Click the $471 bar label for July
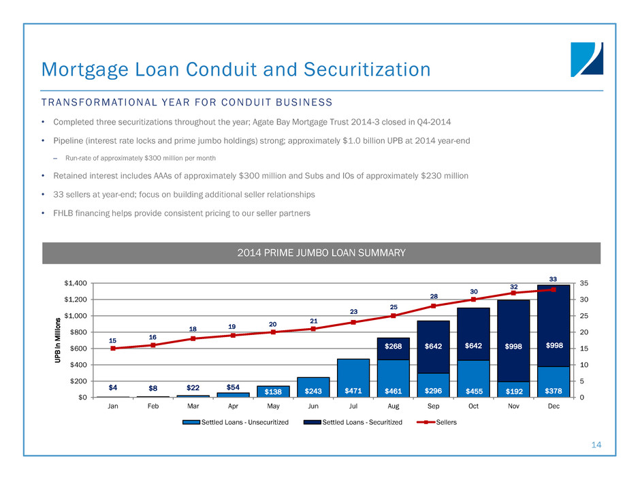(353, 391)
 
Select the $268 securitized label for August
(393, 346)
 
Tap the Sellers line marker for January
(113, 349)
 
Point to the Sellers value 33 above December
(553, 278)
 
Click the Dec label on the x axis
(553, 411)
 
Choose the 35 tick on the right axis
(586, 283)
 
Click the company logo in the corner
(587, 59)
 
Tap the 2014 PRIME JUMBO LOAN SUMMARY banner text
(321, 253)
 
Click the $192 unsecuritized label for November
(513, 391)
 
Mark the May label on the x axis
(273, 411)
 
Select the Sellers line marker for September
(433, 306)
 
